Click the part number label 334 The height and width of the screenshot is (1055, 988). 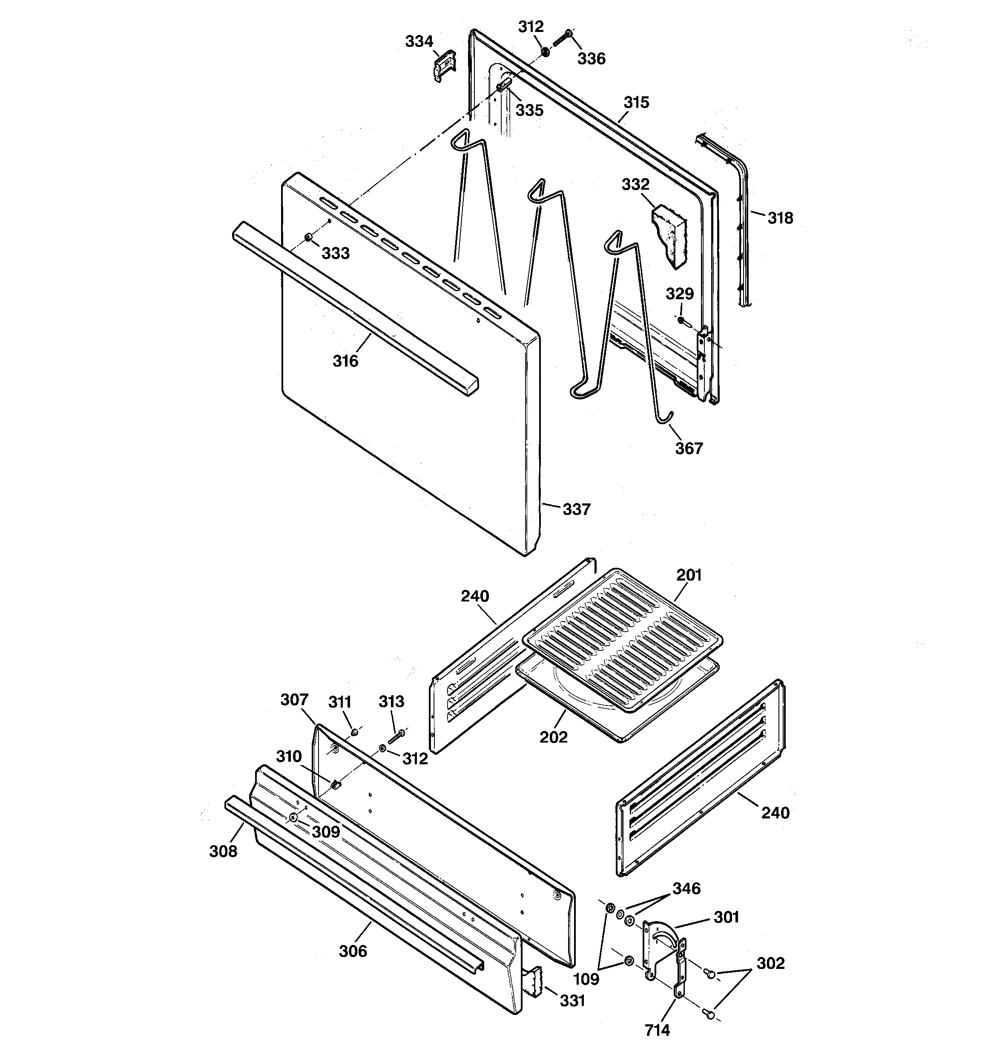(x=419, y=41)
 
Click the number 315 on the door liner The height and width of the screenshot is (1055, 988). (x=636, y=102)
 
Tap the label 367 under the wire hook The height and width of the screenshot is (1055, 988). (x=688, y=448)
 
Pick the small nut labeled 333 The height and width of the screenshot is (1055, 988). (x=307, y=237)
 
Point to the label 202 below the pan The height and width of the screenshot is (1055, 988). (x=553, y=737)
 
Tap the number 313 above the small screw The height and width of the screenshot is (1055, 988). (x=391, y=702)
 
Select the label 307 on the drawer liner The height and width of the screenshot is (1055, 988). (x=294, y=700)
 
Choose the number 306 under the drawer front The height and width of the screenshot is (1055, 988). (x=353, y=951)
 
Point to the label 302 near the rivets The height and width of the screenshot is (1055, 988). (x=770, y=963)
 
